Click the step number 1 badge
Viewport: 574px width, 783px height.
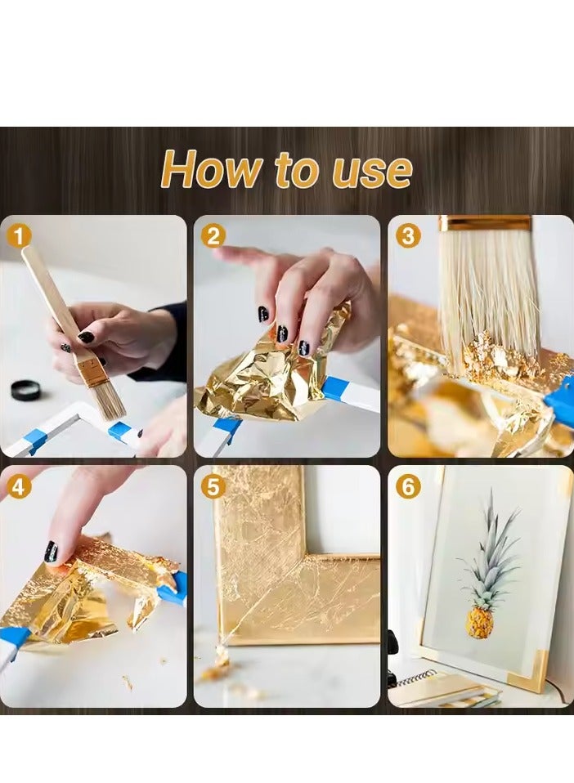point(20,236)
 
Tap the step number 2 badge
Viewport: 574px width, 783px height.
point(213,236)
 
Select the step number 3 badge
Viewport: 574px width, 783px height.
point(408,236)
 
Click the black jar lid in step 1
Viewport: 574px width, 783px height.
point(25,390)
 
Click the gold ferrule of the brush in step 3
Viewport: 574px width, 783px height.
point(485,222)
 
